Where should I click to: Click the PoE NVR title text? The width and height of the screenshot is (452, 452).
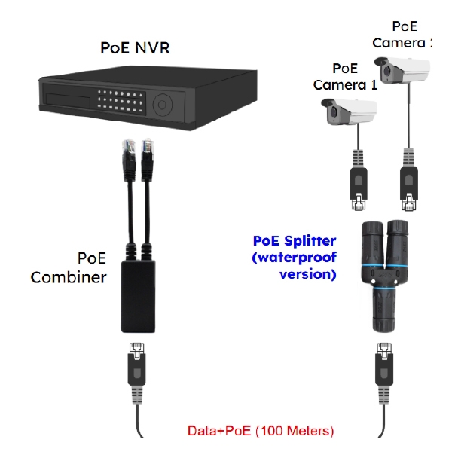tap(136, 48)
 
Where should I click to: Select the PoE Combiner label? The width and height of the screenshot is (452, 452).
tap(69, 267)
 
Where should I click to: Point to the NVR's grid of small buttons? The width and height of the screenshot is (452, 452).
tap(121, 99)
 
